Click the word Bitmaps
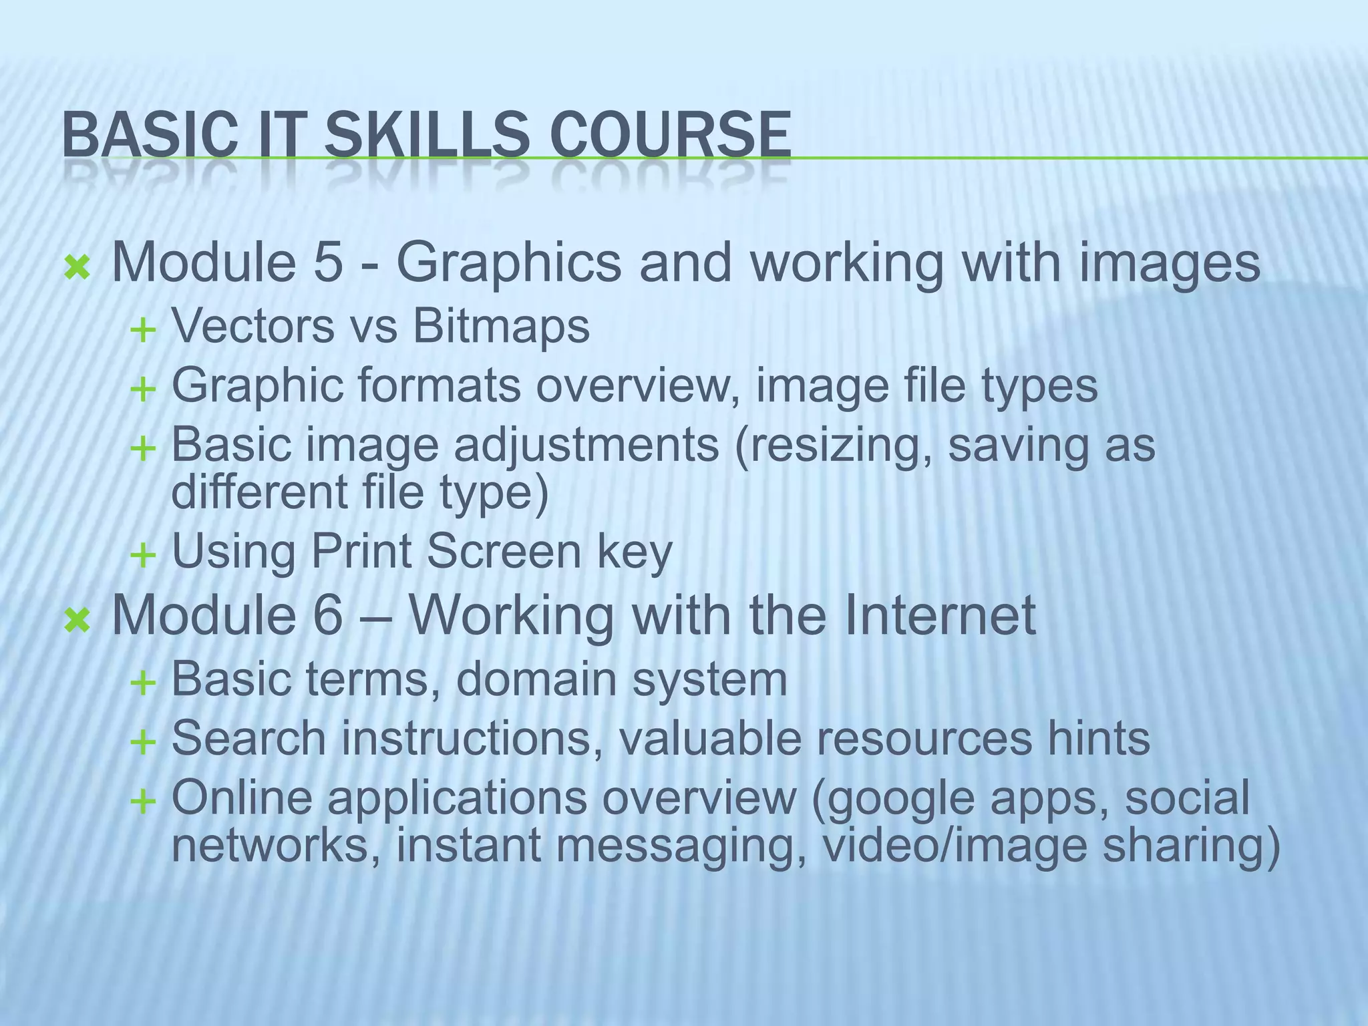(501, 327)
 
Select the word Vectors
(253, 327)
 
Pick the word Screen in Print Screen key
(504, 552)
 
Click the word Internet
(939, 615)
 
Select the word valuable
(721, 739)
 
